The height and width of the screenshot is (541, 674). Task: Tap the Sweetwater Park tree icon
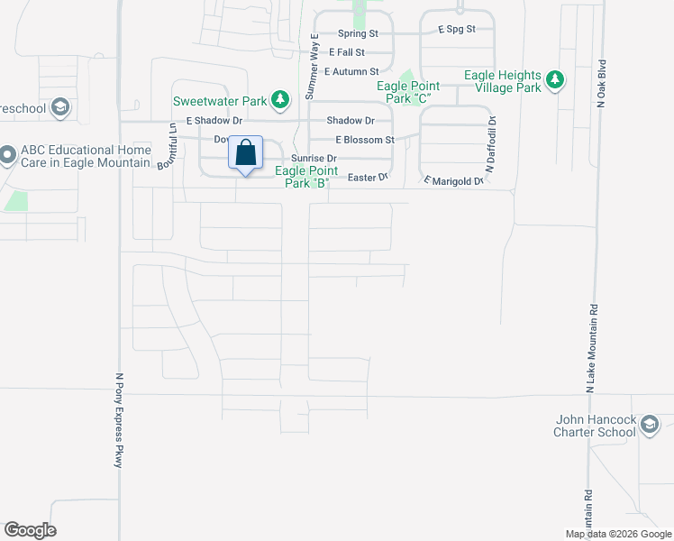point(281,98)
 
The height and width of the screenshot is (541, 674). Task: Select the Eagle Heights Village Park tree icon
point(556,80)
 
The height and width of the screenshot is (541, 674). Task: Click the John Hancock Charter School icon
point(649,424)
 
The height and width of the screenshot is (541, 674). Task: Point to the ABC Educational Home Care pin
point(7,156)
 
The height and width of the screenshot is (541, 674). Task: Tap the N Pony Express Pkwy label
point(119,420)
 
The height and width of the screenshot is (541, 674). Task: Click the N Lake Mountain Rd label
point(592,347)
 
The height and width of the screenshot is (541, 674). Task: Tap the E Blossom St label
point(365,140)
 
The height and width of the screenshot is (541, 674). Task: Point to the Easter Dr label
point(367,177)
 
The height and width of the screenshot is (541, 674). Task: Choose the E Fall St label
point(347,52)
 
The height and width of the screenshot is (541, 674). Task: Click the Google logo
point(30,530)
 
